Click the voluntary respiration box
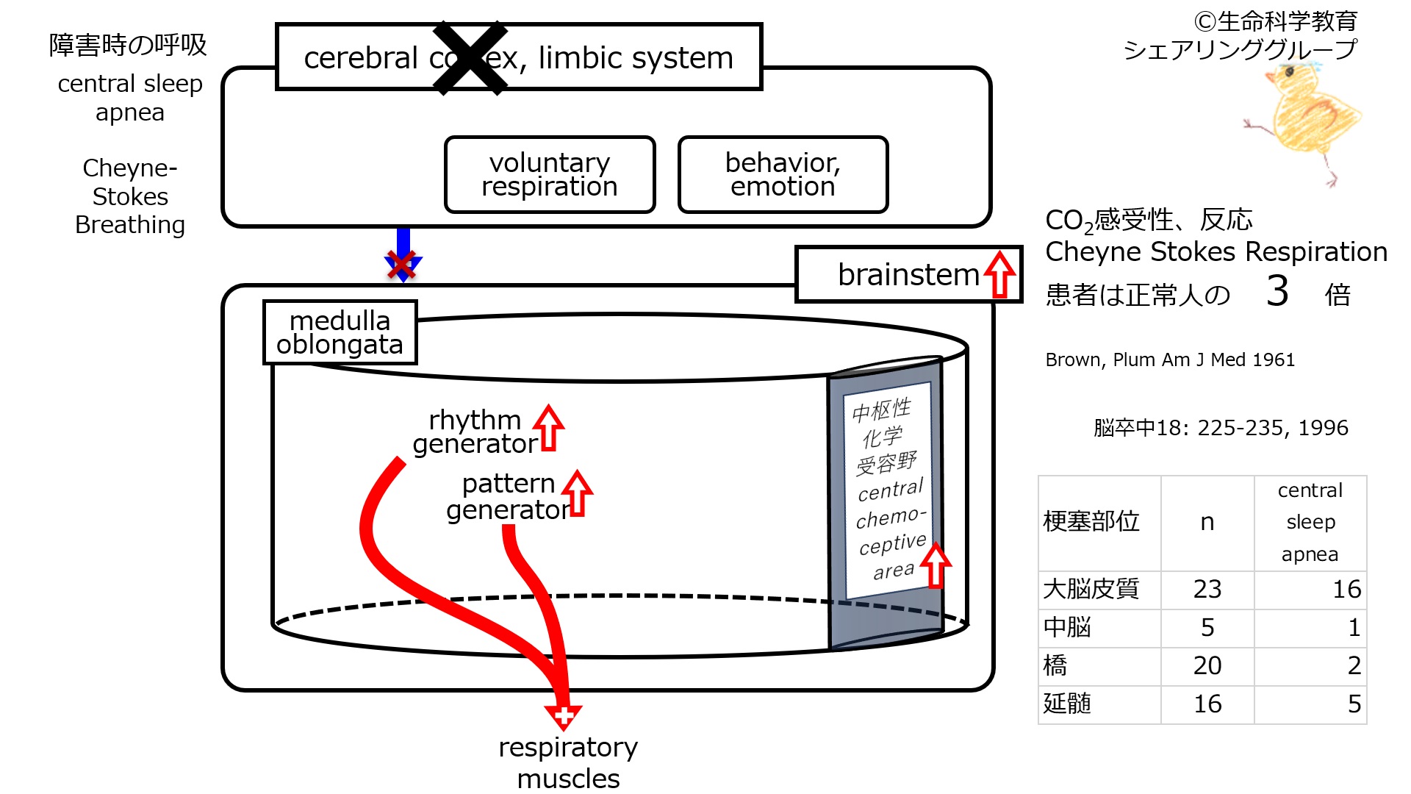pos(550,175)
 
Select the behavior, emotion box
pos(783,175)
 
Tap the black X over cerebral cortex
pos(470,58)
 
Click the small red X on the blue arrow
pos(401,265)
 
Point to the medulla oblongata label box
pos(340,332)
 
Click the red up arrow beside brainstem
pos(999,274)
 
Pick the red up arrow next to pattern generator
pos(578,493)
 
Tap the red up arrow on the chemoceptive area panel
pos(936,565)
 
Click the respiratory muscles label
pos(568,762)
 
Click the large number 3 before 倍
pos(1277,291)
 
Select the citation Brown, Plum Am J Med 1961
pos(1170,360)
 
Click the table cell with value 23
pos(1207,589)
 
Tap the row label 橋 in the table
pos(1055,665)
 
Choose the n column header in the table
pos(1207,522)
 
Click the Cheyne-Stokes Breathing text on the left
pos(130,196)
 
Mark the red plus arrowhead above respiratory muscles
pos(564,715)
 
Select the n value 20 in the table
pos(1207,665)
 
